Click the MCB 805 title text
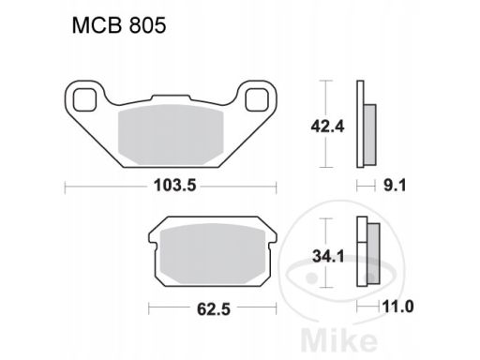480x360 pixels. [x=119, y=25]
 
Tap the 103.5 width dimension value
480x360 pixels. [x=174, y=186]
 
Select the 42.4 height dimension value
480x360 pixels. [x=327, y=127]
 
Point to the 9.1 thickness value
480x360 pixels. [x=395, y=186]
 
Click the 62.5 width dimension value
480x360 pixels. [x=214, y=309]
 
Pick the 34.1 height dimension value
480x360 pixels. [x=328, y=257]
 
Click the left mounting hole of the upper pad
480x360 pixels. [x=84, y=99]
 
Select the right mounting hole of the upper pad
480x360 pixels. [x=257, y=99]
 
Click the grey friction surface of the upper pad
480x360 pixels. [x=171, y=135]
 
